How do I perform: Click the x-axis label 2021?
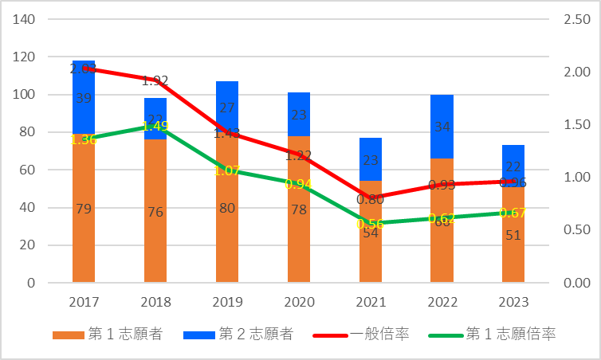[370, 303]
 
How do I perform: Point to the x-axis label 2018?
[155, 303]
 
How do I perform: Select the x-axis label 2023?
[513, 303]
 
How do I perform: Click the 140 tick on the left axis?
[25, 19]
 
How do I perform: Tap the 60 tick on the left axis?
[28, 170]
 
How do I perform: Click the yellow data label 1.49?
[155, 126]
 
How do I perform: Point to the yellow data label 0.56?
[371, 224]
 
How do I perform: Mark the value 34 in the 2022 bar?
[442, 127]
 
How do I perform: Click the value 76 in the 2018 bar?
[155, 212]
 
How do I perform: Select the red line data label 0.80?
[371, 200]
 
